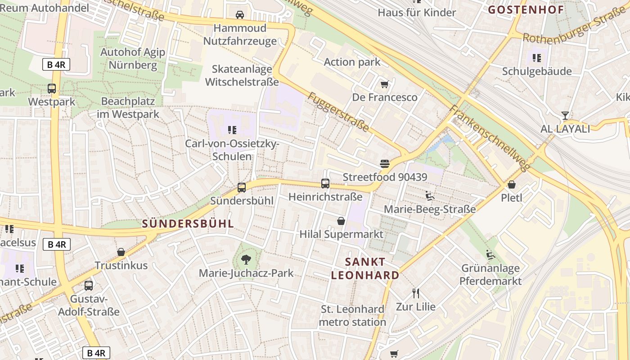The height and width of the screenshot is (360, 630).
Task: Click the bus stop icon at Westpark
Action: (52, 89)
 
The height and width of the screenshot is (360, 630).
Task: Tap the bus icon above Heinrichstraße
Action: (325, 184)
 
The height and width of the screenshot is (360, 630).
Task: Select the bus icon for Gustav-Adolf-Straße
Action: (89, 285)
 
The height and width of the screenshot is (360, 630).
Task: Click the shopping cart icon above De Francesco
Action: (384, 84)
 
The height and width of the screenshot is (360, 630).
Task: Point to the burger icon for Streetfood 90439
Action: (384, 164)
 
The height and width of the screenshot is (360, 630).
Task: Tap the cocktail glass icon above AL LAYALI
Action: (565, 116)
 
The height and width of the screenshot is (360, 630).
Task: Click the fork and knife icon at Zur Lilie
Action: (416, 293)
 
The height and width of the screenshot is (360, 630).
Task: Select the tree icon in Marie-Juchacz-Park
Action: (246, 259)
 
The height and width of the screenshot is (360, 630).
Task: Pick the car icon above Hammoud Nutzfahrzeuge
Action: (240, 15)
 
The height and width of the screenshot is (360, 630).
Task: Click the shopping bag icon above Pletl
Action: (512, 184)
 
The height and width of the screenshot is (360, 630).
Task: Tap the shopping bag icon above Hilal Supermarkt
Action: (341, 221)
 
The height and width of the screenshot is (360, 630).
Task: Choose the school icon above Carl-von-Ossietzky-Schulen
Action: (232, 130)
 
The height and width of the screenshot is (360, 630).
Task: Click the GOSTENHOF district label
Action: (526, 10)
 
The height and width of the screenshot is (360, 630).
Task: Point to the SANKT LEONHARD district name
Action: (365, 269)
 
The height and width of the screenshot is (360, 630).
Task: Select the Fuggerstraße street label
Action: (339, 112)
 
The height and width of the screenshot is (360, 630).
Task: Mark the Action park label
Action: (352, 62)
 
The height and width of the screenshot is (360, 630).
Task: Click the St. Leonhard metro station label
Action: (352, 315)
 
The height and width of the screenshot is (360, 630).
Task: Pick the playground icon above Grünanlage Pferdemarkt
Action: (490, 255)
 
